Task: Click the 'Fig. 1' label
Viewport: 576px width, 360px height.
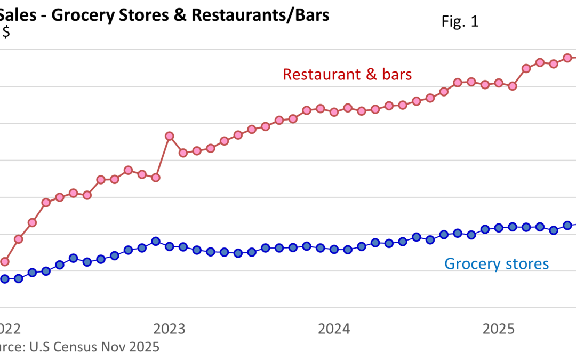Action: [x=460, y=22]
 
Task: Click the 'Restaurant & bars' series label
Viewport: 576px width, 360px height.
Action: [x=347, y=74]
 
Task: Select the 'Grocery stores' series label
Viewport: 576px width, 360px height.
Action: [x=496, y=263]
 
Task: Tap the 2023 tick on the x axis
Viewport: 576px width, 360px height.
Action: [x=169, y=328]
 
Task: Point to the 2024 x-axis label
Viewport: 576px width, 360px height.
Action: [x=334, y=328]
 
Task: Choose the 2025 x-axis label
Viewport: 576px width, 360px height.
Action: [x=499, y=328]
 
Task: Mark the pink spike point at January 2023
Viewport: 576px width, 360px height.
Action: [x=169, y=136]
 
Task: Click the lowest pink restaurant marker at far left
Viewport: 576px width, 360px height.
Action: [x=4, y=261]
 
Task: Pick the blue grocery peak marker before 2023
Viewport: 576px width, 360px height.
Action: [x=156, y=241]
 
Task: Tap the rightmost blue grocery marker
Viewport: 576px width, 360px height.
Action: [x=567, y=225]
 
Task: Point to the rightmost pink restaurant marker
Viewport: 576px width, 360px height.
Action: [x=567, y=58]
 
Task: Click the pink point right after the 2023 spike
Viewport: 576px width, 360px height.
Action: [x=183, y=153]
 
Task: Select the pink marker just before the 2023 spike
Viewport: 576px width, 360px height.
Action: [x=156, y=177]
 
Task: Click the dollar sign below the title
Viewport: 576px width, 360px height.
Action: [x=6, y=33]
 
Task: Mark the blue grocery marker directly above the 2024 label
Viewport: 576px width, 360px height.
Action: [x=334, y=249]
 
